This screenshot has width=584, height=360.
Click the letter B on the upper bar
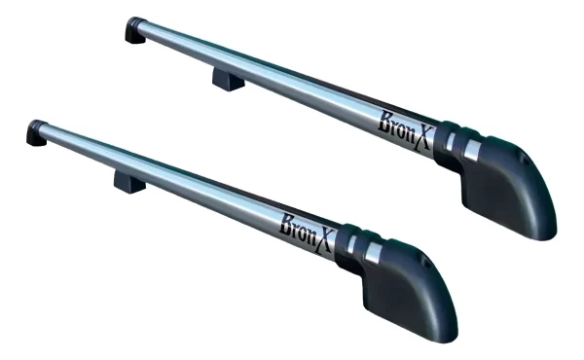coord(383,121)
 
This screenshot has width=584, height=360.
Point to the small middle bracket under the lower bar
coord(128,181)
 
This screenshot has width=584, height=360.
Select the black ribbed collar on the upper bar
coord(454,143)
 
